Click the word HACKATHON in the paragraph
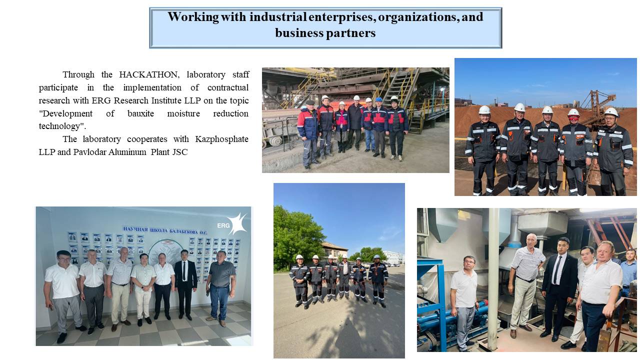pyautogui.click(x=149, y=74)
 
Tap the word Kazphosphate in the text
pyautogui.click(x=221, y=139)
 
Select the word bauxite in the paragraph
pyautogui.click(x=140, y=113)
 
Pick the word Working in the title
pyautogui.click(x=193, y=17)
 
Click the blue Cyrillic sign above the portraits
pyautogui.click(x=165, y=230)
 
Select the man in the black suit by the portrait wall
pyautogui.click(x=185, y=284)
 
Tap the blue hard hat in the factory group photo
pyautogui.click(x=378, y=99)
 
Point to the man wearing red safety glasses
pyautogui.click(x=575, y=151)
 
